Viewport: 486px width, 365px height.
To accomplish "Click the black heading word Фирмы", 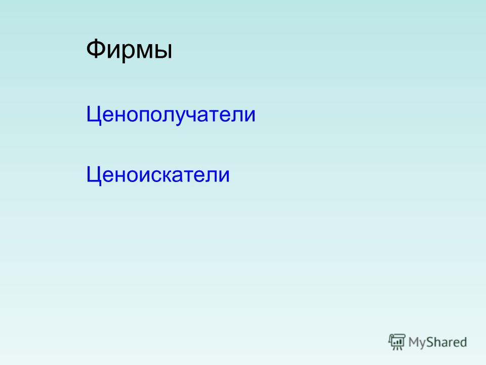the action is (x=129, y=50).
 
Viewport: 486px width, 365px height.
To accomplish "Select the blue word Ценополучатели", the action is (x=171, y=115).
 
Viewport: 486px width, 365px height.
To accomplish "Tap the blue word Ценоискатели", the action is (x=158, y=175).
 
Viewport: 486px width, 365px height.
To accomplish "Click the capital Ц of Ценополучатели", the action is (x=94, y=115).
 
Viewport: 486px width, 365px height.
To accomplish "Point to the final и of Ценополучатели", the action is (x=249, y=116).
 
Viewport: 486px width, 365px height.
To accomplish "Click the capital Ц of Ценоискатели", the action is (x=94, y=175).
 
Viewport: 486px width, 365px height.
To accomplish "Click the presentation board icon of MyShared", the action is (x=397, y=342).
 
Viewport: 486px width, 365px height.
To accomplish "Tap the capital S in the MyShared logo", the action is (x=430, y=342).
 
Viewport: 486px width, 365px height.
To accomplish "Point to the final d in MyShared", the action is (x=463, y=342).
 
